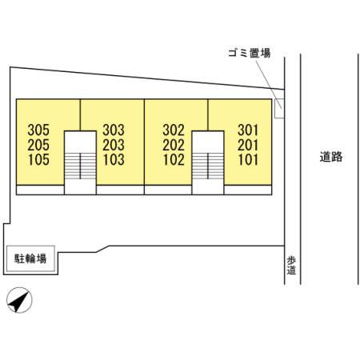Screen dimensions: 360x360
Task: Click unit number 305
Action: pos(38,130)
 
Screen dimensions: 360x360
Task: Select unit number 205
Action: pos(38,145)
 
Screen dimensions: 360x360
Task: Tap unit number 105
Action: pos(38,160)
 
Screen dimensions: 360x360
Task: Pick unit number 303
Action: pos(114,130)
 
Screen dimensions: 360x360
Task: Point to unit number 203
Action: pos(114,145)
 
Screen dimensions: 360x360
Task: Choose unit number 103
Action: pos(114,160)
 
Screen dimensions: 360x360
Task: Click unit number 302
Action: pos(174,130)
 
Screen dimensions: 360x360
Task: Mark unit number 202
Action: pos(174,145)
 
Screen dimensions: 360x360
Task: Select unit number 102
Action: pos(174,160)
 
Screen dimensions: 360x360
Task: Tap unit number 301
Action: pos(248,130)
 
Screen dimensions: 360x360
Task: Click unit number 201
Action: pos(248,145)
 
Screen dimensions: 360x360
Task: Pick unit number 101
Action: pos(248,160)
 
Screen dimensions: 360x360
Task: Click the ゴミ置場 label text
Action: pos(250,53)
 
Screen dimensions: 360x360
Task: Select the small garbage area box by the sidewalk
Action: pos(279,108)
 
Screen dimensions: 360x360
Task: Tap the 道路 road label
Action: pos(331,157)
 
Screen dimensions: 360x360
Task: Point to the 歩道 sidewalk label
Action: pos(291,266)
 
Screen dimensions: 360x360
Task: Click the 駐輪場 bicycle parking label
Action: pos(30,258)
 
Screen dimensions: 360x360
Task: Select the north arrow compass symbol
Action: pos(19,300)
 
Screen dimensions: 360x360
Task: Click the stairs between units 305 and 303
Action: pos(80,166)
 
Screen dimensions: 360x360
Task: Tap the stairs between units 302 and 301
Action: pos(208,166)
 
